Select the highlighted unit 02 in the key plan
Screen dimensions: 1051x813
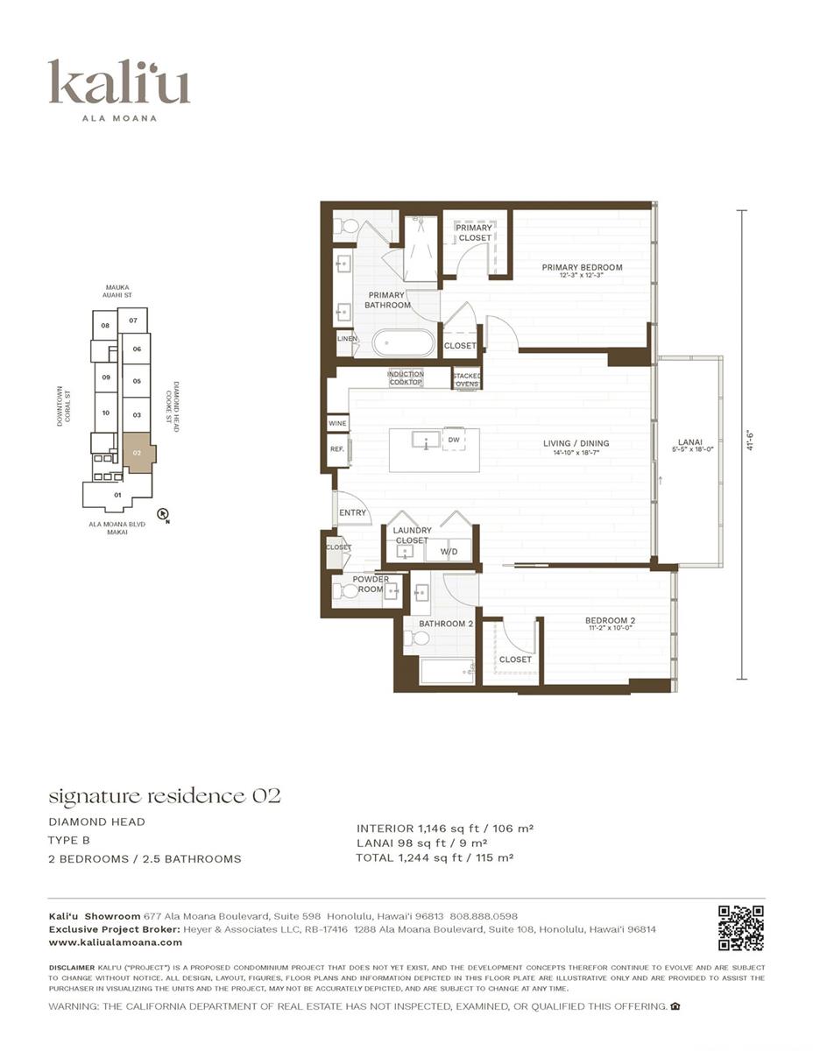138,454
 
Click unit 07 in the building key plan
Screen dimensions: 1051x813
132,321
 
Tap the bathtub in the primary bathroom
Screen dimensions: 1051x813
403,342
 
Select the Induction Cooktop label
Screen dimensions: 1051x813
406,378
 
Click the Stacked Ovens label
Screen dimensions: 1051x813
466,379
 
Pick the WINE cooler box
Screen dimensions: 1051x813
337,423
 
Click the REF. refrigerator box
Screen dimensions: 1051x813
337,448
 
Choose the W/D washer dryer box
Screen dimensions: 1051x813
448,552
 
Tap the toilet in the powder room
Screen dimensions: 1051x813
349,590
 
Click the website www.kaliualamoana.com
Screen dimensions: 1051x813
116,942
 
